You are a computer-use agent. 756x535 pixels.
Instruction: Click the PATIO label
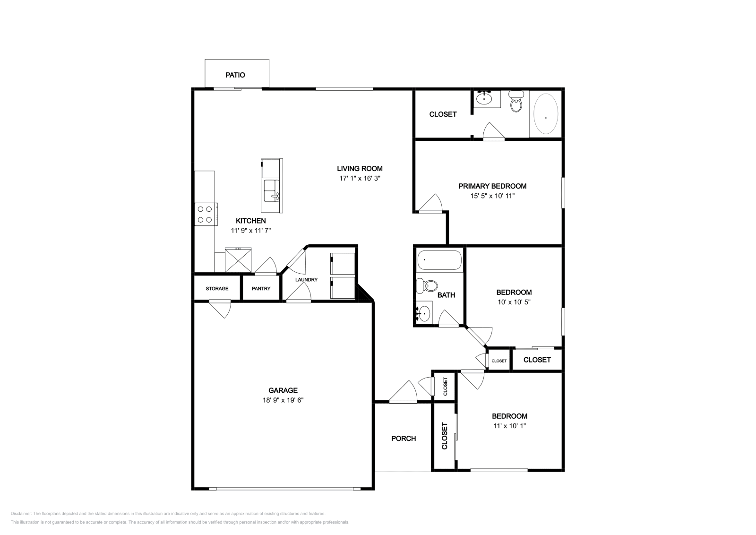click(x=235, y=75)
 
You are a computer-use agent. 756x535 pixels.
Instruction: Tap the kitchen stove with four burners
click(x=206, y=214)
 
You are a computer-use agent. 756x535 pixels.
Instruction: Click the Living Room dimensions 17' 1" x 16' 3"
click(x=360, y=179)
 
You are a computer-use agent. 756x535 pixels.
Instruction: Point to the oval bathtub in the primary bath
click(x=545, y=115)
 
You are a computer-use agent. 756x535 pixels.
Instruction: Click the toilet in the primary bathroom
click(x=516, y=103)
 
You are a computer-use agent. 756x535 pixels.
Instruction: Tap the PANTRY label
click(x=261, y=288)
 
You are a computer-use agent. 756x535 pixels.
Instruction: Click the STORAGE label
click(x=217, y=288)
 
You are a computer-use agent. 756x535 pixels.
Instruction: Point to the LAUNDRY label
click(x=306, y=279)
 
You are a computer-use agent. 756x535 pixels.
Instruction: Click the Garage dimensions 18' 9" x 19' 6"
click(x=283, y=400)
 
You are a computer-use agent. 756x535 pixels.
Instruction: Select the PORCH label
click(x=404, y=439)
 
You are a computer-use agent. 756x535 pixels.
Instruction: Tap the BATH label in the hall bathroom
click(x=446, y=295)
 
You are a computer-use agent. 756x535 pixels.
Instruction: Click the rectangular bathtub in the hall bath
click(x=439, y=260)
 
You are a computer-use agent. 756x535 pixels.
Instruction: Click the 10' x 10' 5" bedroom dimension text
click(x=514, y=302)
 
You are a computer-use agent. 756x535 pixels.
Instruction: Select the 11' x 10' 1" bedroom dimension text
click(x=509, y=425)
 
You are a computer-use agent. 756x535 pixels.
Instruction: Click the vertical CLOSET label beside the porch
click(x=445, y=436)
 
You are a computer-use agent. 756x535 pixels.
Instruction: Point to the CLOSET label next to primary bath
click(x=443, y=114)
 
